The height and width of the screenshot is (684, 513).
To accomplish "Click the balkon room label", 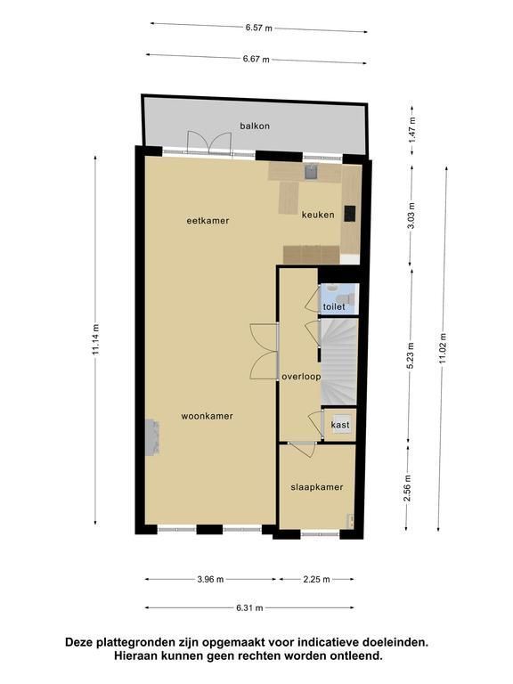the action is point(255,126).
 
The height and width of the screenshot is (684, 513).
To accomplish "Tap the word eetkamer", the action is point(208,221).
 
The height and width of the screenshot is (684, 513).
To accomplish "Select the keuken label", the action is point(319,215).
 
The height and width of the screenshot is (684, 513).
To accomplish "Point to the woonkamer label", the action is point(208,416).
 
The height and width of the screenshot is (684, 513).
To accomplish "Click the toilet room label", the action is point(334,306).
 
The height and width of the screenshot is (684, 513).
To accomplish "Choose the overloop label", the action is point(301,377).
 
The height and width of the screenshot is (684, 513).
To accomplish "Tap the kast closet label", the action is point(340,425).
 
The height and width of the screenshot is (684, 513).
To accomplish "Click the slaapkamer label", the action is point(317,487).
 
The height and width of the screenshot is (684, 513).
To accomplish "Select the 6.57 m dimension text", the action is point(258,28).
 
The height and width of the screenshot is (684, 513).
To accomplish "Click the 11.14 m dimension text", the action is point(96,339).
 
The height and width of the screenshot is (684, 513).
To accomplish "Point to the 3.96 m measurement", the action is point(210,579).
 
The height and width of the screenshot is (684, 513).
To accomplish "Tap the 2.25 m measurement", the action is point(317,579).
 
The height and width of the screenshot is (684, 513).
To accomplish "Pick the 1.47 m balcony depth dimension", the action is point(412,129).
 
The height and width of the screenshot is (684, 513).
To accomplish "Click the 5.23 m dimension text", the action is point(411,356).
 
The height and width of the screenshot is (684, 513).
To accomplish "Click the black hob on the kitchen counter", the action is point(350,214).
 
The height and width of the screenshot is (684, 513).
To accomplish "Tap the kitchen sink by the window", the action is point(311,171).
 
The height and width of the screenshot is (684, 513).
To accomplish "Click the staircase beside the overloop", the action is point(339,362).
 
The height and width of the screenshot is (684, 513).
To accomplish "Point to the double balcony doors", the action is point(209,142).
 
